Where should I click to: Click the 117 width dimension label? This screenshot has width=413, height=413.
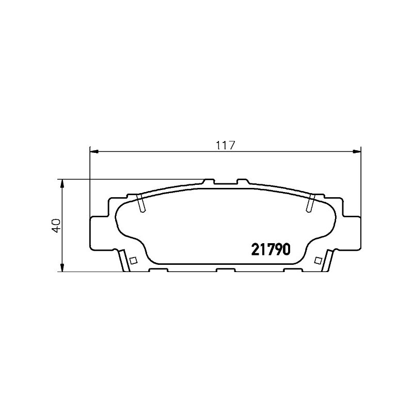click(x=225, y=145)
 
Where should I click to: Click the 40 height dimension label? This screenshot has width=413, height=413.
click(x=56, y=225)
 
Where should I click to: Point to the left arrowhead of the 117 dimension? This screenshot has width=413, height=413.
click(x=94, y=151)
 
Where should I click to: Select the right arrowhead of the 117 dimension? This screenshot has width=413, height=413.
click(x=357, y=151)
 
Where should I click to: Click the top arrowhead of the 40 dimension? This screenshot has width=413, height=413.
click(x=62, y=184)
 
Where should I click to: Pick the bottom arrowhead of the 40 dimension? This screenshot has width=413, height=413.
click(x=62, y=267)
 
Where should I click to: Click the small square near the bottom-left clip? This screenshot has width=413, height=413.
click(x=134, y=260)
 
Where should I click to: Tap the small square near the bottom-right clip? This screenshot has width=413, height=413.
click(x=318, y=260)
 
